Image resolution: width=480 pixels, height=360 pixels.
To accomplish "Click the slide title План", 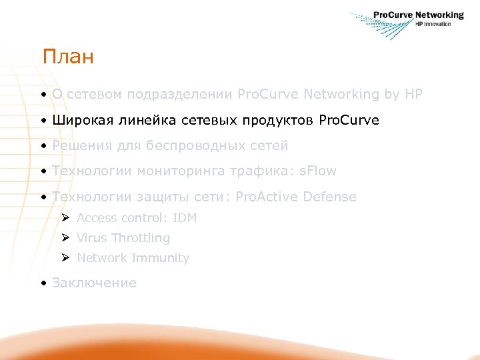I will tap(68, 57).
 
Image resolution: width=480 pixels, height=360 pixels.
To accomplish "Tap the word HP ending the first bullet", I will tap(413, 95).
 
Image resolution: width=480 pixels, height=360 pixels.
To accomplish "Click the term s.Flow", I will tap(318, 171).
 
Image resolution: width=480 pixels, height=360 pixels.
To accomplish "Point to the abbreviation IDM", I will tap(184, 218).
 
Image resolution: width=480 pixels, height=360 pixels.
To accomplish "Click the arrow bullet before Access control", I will tap(65, 218).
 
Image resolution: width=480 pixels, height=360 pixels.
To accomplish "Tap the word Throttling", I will tap(141, 238).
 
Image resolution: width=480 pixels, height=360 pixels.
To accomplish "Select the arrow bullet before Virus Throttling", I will tap(65, 238).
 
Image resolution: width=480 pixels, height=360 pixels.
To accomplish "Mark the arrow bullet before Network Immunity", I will tap(65, 258).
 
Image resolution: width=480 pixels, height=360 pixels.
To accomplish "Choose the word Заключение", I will tap(94, 283).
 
